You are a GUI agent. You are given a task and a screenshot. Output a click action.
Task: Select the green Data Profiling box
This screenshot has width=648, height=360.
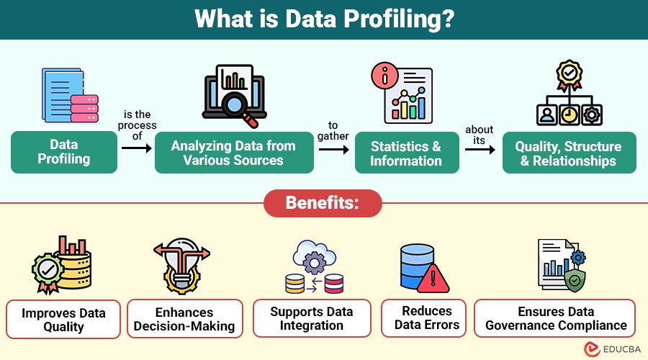[x=64, y=152]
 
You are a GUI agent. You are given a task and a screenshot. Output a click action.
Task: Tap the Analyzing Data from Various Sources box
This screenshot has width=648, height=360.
[x=234, y=153]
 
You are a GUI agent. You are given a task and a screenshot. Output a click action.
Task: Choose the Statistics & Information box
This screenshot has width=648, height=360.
[x=407, y=153]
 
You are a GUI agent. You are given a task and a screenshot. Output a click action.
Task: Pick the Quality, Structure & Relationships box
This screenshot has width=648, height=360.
[x=569, y=153]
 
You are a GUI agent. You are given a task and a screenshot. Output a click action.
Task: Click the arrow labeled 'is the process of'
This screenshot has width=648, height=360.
[x=137, y=148]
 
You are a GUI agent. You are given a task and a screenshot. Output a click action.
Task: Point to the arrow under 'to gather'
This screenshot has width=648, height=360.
[x=334, y=149]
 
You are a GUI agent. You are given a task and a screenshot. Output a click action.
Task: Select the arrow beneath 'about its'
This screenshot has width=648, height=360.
[x=480, y=149]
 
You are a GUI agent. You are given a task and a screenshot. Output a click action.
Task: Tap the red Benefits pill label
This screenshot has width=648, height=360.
[x=323, y=203]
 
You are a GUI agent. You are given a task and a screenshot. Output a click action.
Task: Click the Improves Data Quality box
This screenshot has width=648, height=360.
[x=63, y=320]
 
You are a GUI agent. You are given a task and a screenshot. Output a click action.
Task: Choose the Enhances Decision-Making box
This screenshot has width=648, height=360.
[x=184, y=319]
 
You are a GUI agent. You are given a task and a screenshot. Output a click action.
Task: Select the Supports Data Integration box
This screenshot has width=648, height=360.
[x=312, y=318]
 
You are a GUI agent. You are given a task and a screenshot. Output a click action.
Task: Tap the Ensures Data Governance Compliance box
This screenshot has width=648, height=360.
[x=554, y=318]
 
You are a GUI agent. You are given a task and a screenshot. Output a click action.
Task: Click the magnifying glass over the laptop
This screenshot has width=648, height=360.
[x=238, y=107]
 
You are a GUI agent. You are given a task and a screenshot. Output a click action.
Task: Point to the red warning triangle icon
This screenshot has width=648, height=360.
[x=433, y=279]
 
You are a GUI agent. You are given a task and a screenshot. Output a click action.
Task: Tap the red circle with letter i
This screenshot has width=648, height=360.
[x=384, y=76]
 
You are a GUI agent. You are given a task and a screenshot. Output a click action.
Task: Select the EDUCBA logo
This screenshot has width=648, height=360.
[x=613, y=349]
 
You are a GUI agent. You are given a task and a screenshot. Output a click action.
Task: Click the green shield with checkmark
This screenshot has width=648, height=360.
[x=575, y=281]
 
